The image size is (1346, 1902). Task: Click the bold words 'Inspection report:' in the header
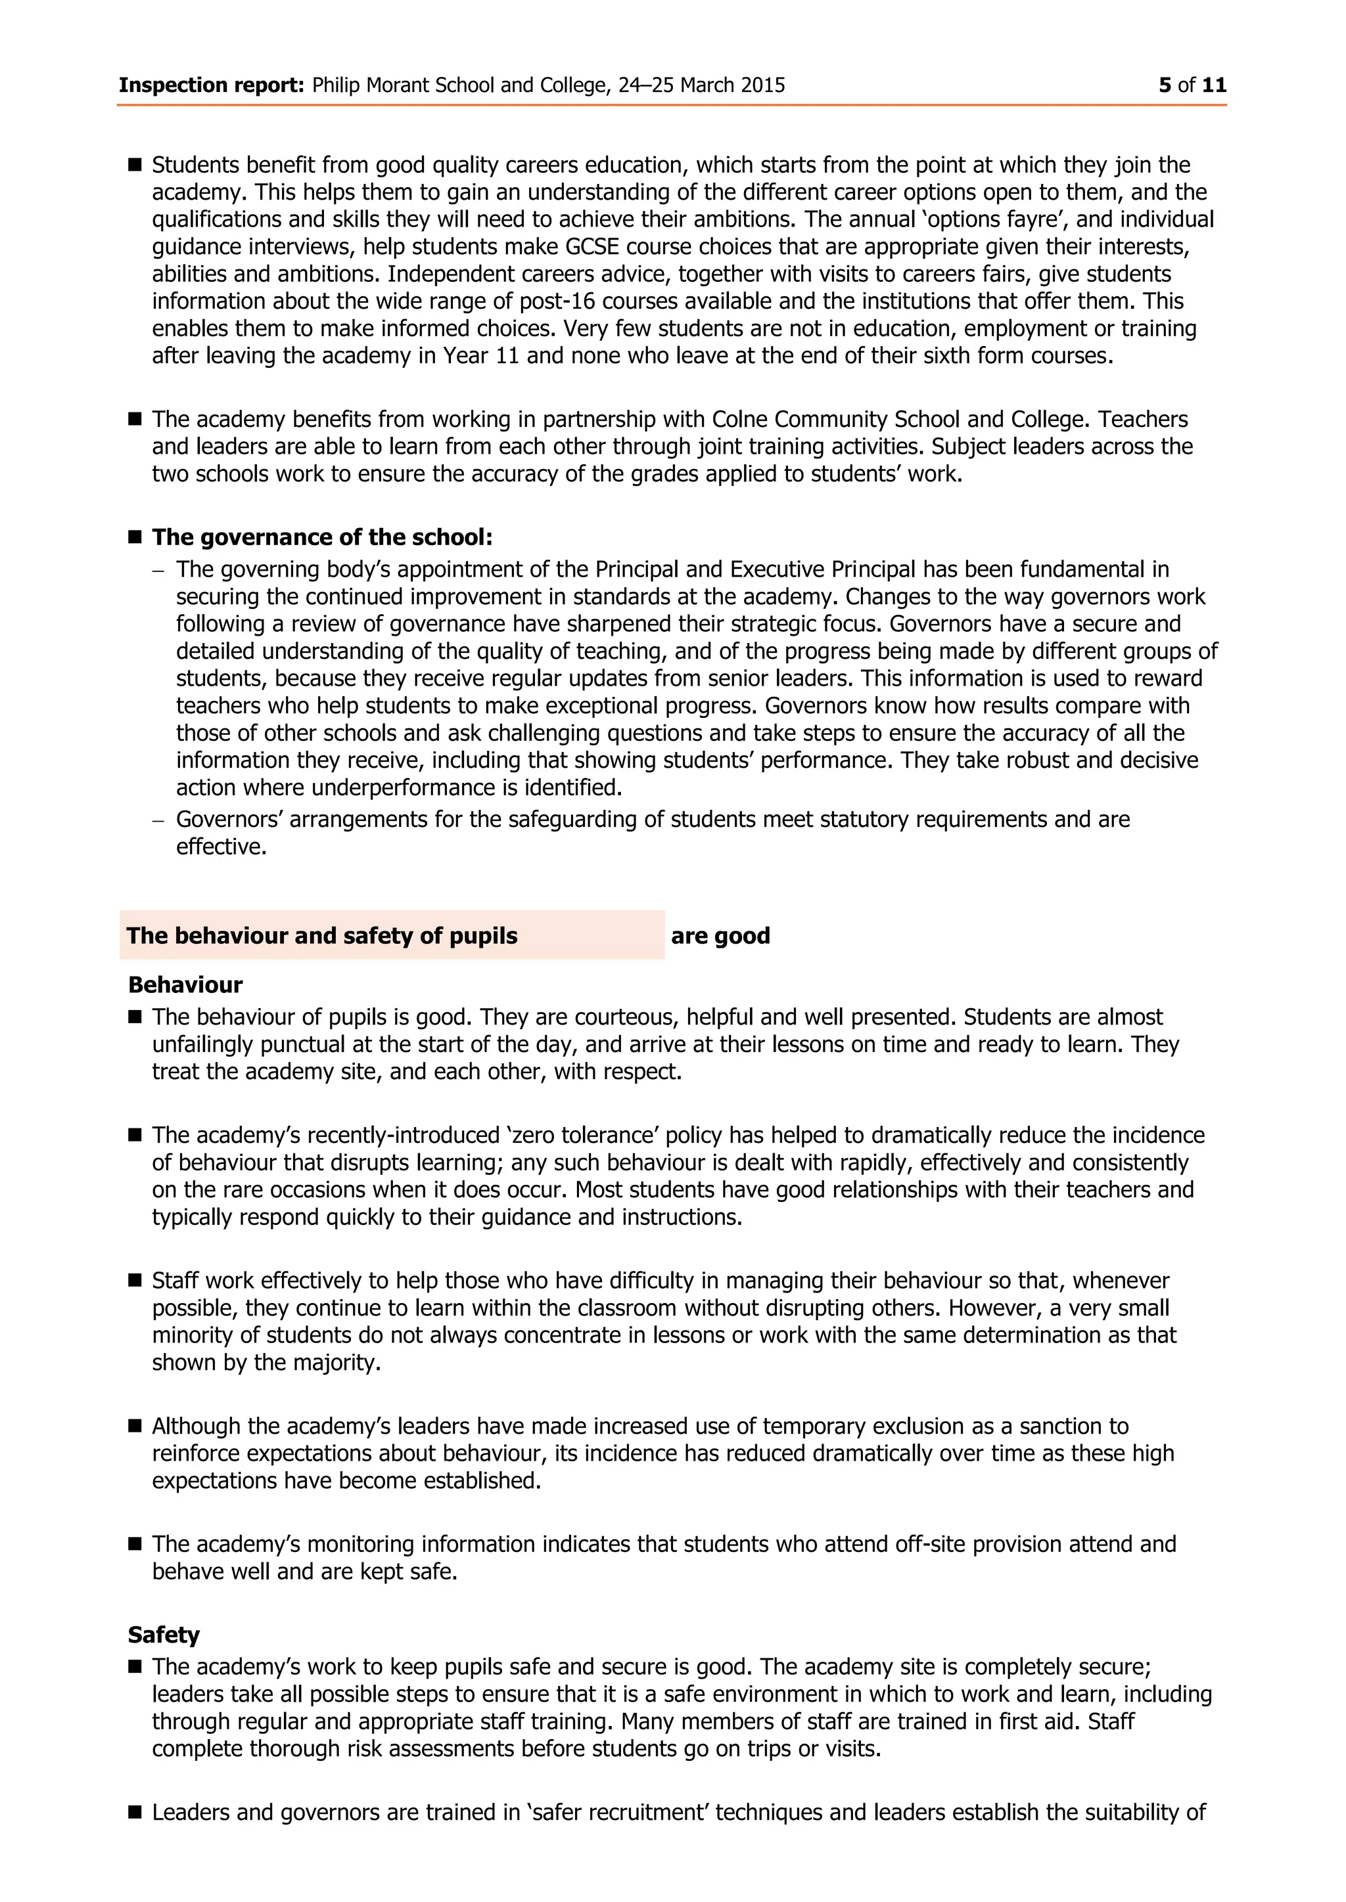click(x=212, y=85)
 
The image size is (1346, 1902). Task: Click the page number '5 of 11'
click(x=1192, y=85)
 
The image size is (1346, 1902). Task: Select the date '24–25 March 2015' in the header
click(x=701, y=85)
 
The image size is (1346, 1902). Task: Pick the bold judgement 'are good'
click(x=720, y=936)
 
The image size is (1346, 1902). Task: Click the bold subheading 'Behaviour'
click(x=185, y=985)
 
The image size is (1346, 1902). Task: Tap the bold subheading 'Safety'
click(x=164, y=1635)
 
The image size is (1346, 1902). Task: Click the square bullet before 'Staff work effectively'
click(x=135, y=1281)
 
